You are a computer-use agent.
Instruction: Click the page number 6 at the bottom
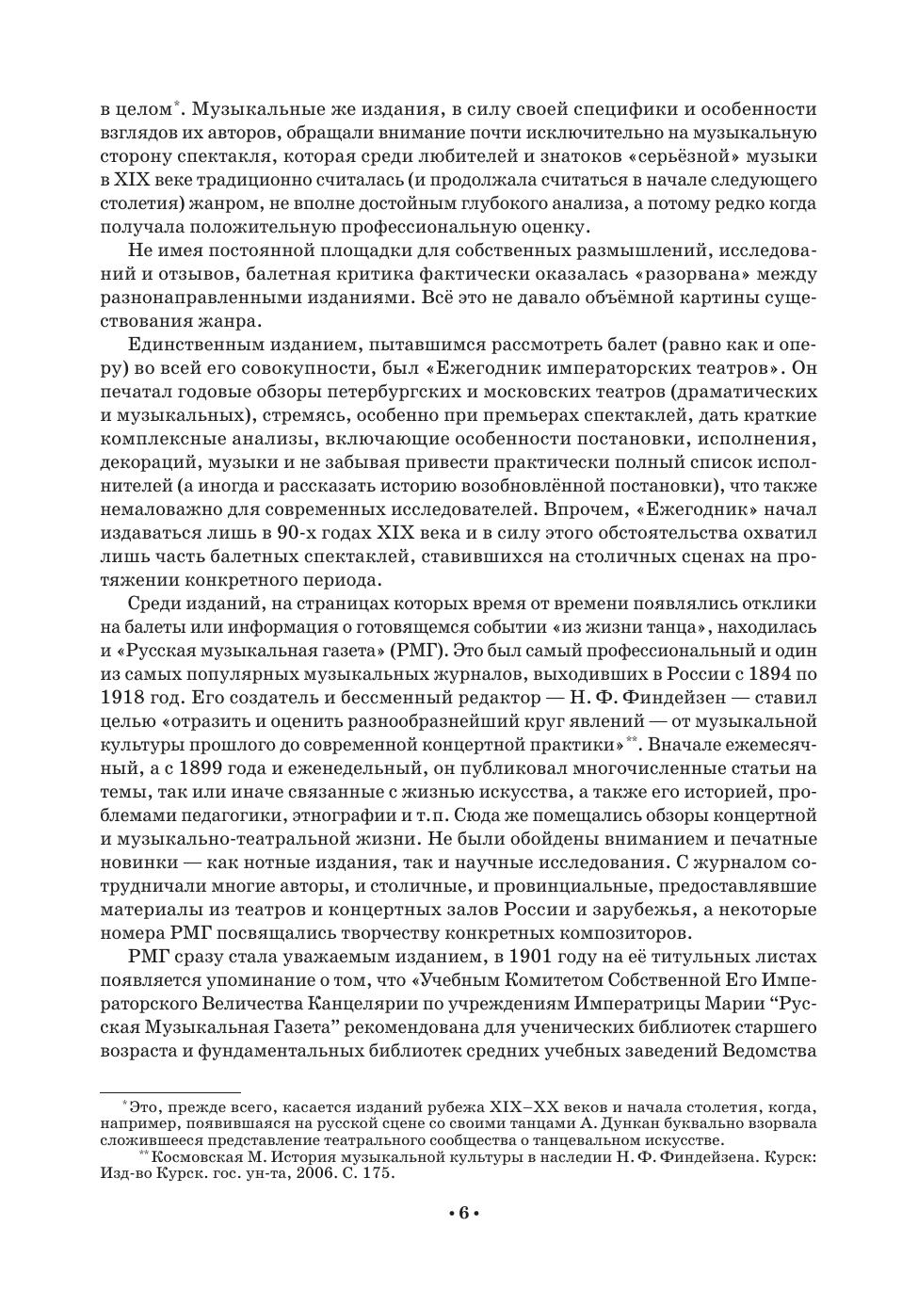pyautogui.click(x=461, y=1212)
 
